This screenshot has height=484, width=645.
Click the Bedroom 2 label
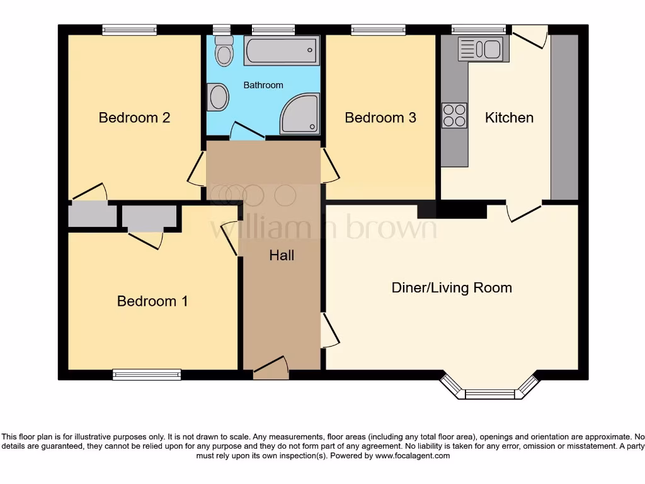coord(134,118)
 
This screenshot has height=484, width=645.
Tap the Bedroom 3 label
coord(380,118)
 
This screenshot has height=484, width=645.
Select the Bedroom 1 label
coord(152,301)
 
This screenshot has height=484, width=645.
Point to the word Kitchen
coord(509,118)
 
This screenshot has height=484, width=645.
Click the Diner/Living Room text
coord(452,288)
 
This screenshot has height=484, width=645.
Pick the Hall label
coord(282,255)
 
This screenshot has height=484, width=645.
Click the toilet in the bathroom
coord(223,51)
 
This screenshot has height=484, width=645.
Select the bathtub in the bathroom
coord(282,50)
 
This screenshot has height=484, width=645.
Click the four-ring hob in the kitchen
coord(454,115)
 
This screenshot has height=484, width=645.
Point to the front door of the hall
coord(271,369)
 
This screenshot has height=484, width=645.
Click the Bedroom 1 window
coord(147,375)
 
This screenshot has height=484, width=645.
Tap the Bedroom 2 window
coord(129,29)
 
